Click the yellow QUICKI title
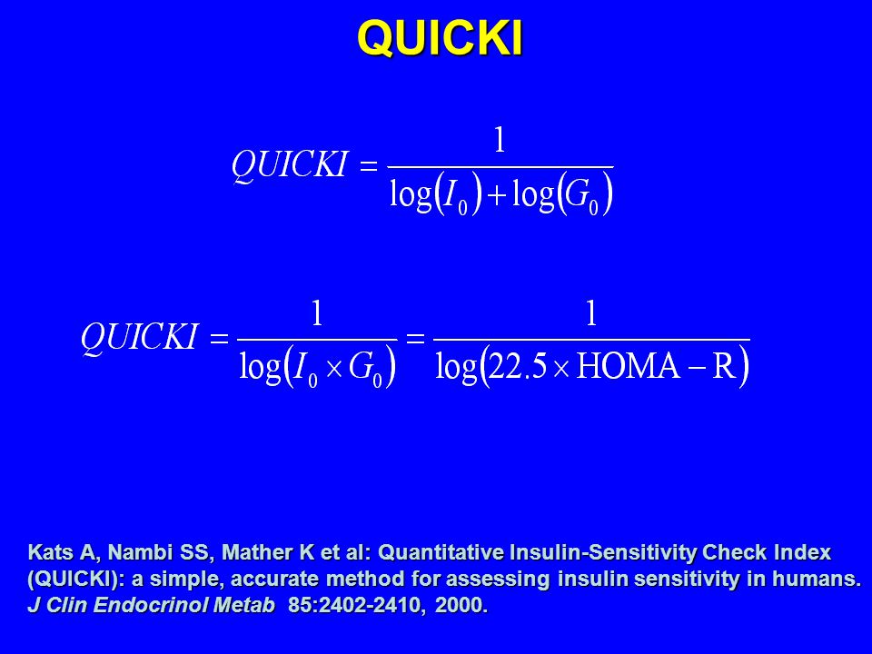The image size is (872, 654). [440, 38]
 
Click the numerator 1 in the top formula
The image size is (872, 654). [500, 140]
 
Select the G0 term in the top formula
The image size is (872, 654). [581, 196]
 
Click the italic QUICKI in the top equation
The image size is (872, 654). [290, 164]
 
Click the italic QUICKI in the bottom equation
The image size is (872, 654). [140, 337]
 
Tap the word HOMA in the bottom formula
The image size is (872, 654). [629, 367]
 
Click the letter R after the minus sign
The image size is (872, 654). [724, 367]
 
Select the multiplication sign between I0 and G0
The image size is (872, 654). [333, 370]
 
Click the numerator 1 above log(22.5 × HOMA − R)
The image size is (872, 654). [591, 312]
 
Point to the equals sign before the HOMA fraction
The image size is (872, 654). [415, 338]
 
